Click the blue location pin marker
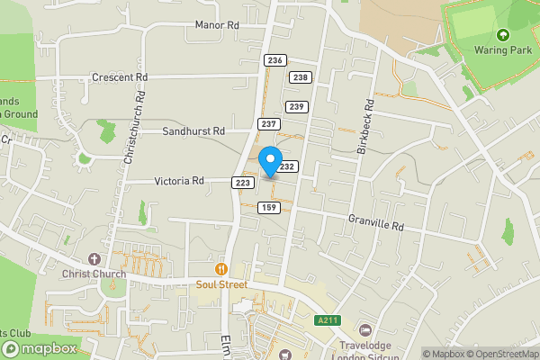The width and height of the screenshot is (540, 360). [x=270, y=162]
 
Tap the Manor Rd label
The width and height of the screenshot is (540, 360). [x=217, y=25]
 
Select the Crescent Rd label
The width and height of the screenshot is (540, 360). [x=120, y=77]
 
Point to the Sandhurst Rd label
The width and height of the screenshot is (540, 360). [x=193, y=130]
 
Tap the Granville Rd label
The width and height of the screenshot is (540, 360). [x=376, y=221]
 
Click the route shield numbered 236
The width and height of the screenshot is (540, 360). [x=275, y=59]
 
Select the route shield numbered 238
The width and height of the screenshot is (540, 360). [x=301, y=77]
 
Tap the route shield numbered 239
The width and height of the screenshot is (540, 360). [x=297, y=107]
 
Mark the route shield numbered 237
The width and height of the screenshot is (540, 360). [x=268, y=123]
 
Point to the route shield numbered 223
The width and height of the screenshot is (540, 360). [x=241, y=183]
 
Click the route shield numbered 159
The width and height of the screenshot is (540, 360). [x=268, y=208]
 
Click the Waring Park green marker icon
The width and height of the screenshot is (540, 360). [x=502, y=35]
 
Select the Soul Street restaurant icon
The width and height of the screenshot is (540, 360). [x=220, y=269]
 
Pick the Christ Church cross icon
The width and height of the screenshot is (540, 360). [x=96, y=258]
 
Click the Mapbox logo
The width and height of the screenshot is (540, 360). [x=38, y=348]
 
